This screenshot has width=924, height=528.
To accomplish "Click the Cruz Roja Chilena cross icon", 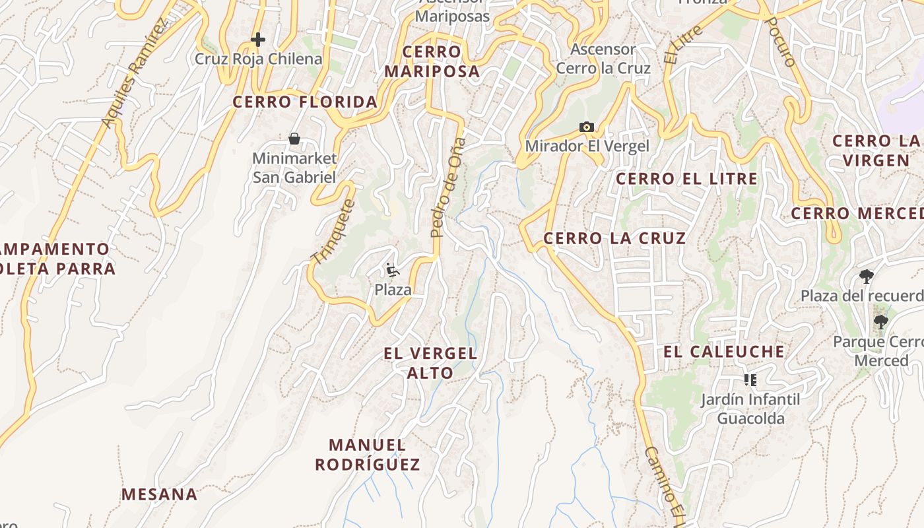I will [x=258, y=40].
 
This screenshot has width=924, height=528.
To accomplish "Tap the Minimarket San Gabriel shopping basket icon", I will [x=294, y=139].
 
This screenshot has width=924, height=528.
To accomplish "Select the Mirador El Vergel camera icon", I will [x=586, y=127].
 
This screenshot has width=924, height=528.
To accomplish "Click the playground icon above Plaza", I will [x=392, y=269].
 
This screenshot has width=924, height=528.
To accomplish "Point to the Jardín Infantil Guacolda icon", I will [x=750, y=379].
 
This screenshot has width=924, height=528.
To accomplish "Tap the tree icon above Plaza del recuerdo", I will [x=867, y=276].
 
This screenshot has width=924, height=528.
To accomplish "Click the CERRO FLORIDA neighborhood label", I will [x=305, y=102].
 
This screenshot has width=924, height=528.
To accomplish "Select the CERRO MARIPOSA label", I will [x=432, y=61].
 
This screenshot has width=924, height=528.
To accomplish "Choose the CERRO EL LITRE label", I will [x=686, y=179].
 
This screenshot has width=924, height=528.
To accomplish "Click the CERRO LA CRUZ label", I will [x=614, y=238].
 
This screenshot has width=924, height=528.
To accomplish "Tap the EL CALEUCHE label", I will [x=724, y=352].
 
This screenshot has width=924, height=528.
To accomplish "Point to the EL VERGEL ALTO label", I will [x=430, y=363].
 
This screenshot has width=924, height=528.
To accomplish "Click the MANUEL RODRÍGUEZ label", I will [x=368, y=455].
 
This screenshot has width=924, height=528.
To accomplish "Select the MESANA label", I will [x=159, y=494].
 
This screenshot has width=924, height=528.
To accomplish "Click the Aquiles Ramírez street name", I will [x=134, y=73].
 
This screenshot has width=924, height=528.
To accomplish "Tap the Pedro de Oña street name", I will [x=447, y=187].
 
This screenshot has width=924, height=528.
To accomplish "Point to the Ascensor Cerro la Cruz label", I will [x=603, y=59].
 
